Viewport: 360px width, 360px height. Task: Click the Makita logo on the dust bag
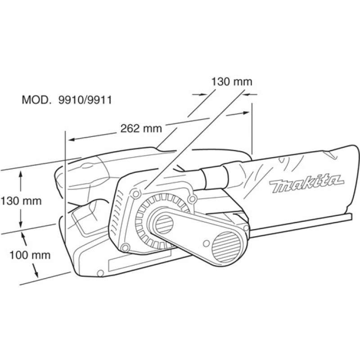click(x=307, y=183)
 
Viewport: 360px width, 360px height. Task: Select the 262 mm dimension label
click(x=141, y=128)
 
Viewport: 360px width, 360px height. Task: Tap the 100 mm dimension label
click(x=30, y=255)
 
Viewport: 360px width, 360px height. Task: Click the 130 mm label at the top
click(x=232, y=81)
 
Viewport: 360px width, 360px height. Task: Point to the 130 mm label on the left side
click(x=21, y=201)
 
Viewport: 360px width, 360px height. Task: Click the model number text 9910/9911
click(x=85, y=100)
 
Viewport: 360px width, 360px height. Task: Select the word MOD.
click(x=36, y=100)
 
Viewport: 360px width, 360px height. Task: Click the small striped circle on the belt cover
click(x=164, y=224)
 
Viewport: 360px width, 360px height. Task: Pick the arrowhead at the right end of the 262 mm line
click(x=246, y=113)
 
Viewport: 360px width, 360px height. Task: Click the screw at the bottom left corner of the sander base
click(x=100, y=273)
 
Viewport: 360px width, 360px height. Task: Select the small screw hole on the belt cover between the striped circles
click(x=207, y=243)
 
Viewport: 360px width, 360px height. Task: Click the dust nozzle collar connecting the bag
click(x=215, y=176)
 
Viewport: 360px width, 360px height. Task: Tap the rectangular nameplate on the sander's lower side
click(x=140, y=260)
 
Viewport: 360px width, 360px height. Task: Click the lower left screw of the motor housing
click(x=125, y=247)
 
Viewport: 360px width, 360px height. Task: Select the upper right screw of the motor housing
click(x=193, y=198)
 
